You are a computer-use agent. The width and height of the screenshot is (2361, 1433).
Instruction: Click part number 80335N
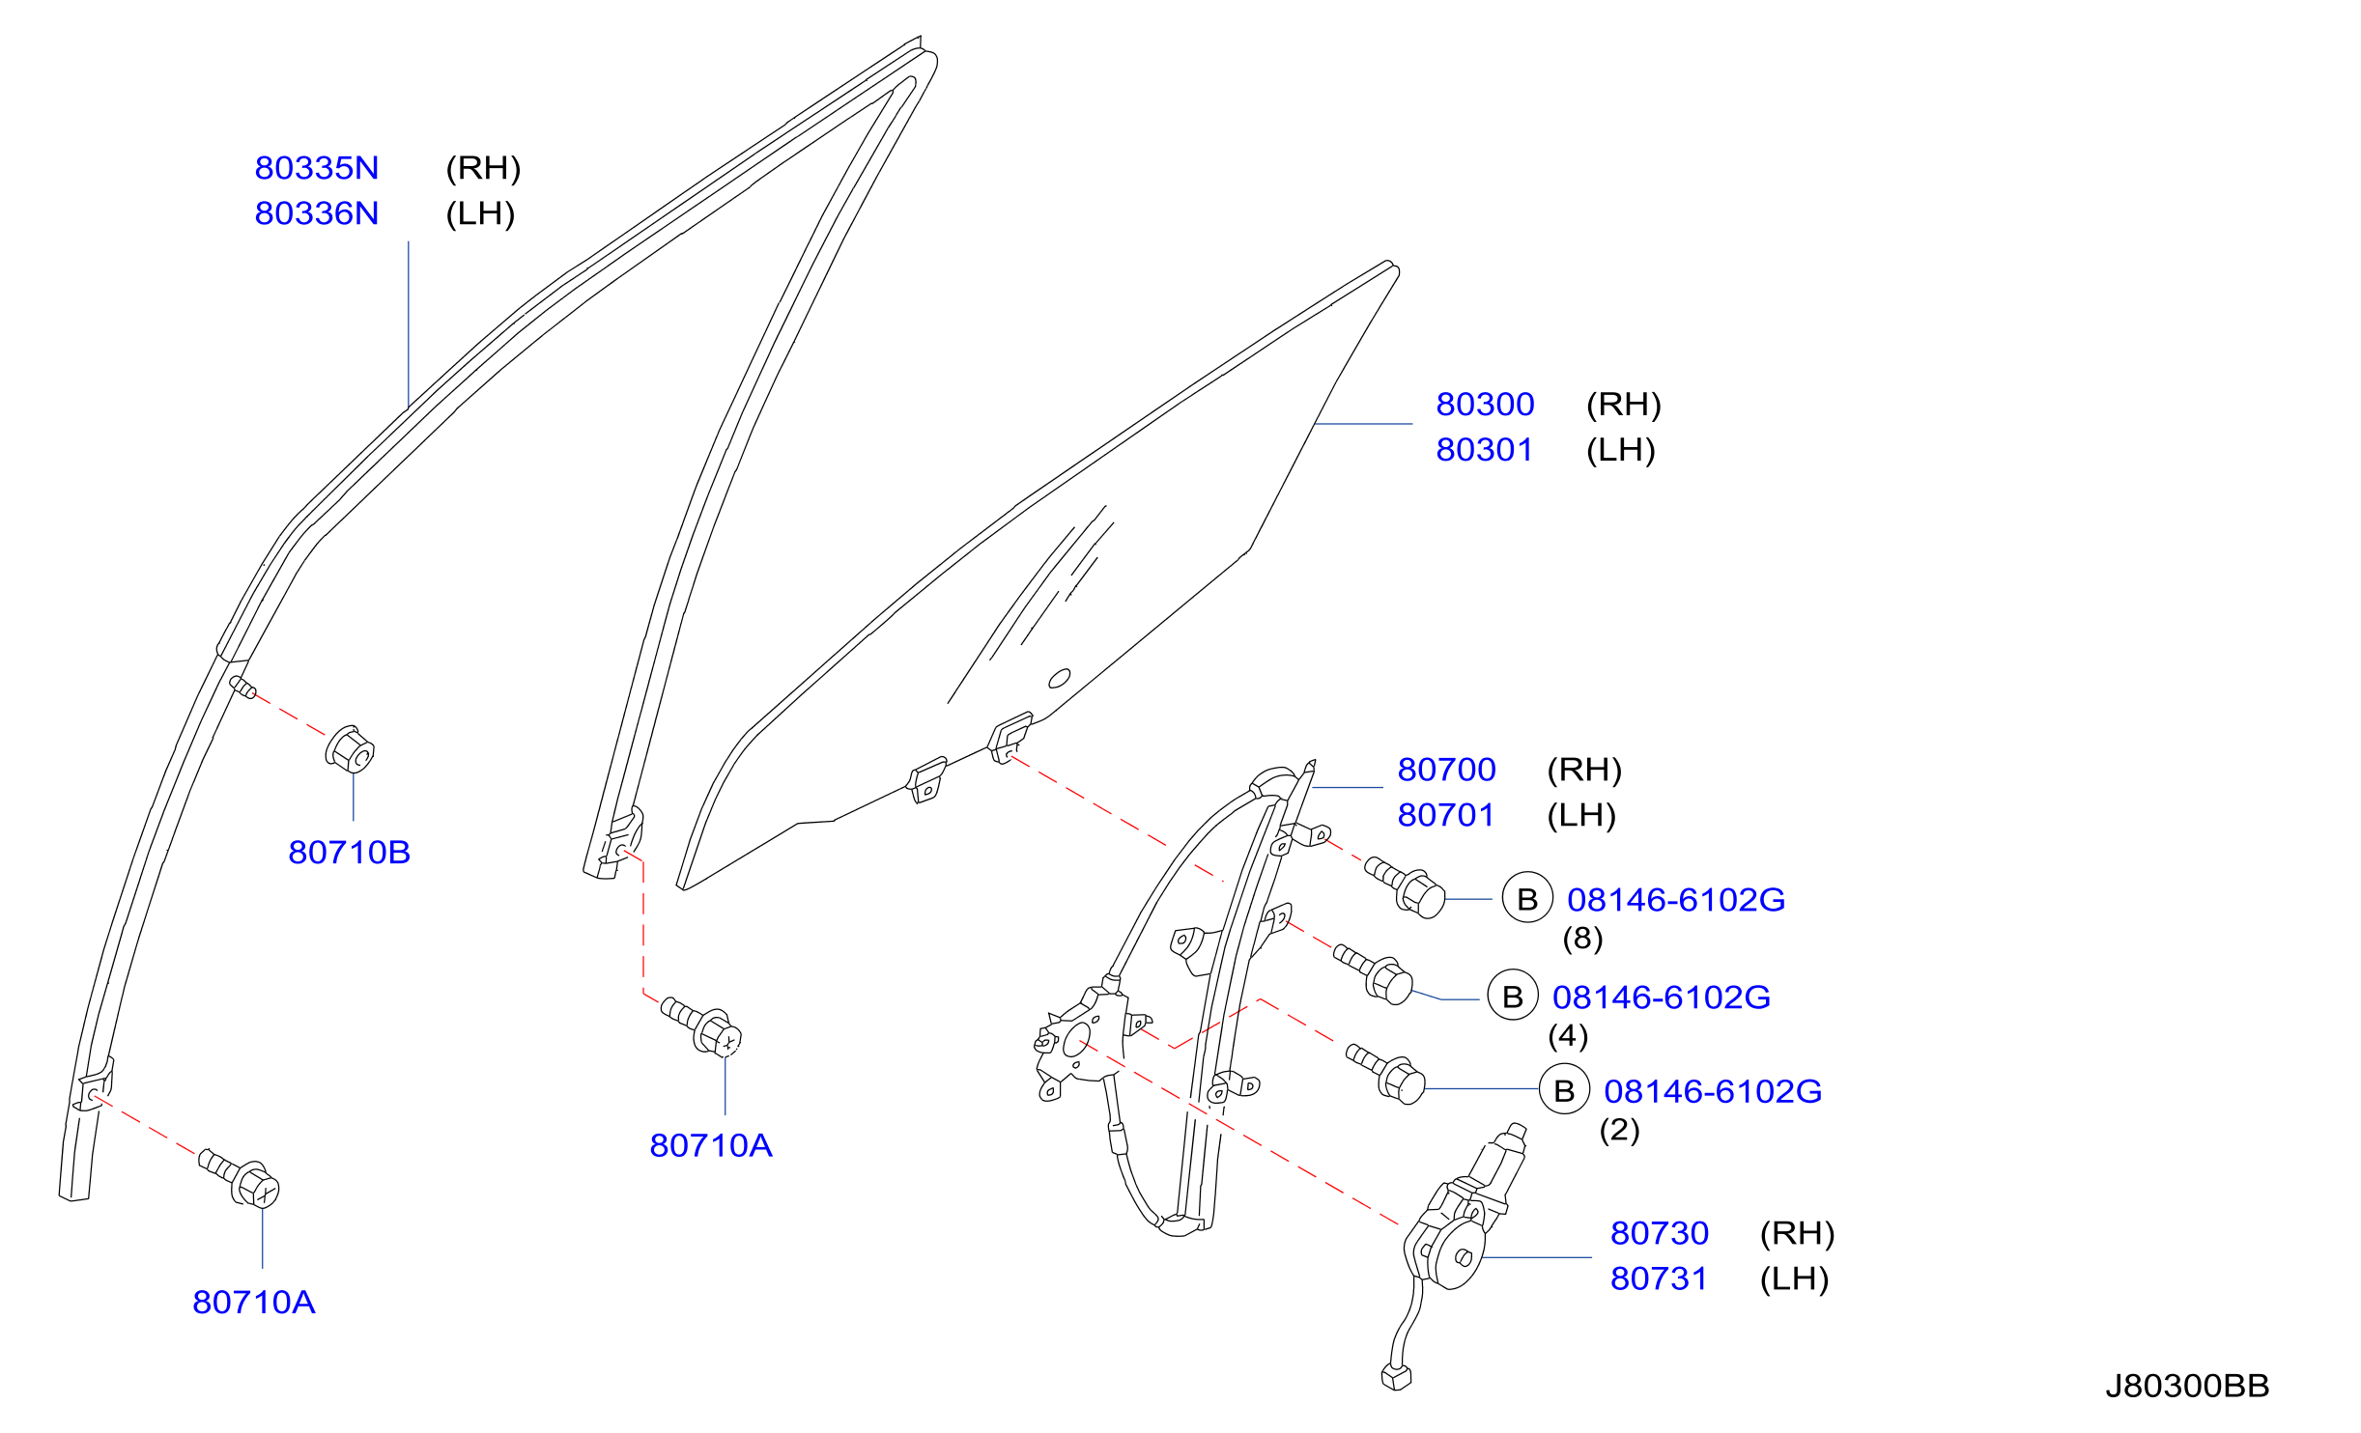point(317,168)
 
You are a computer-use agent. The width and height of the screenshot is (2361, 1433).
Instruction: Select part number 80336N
point(317,213)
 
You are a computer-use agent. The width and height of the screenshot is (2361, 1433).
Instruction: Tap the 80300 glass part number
point(1485,405)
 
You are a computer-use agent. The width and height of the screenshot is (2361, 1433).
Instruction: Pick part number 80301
point(1485,450)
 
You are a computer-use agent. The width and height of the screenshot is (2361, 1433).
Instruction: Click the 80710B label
point(350,853)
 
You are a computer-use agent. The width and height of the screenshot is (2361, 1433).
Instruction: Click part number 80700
point(1446,770)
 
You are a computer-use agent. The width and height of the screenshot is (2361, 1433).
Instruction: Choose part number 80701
point(1446,815)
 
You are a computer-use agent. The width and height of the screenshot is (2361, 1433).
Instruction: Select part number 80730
point(1660,1233)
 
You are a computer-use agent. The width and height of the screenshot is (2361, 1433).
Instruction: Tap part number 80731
point(1660,1278)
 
